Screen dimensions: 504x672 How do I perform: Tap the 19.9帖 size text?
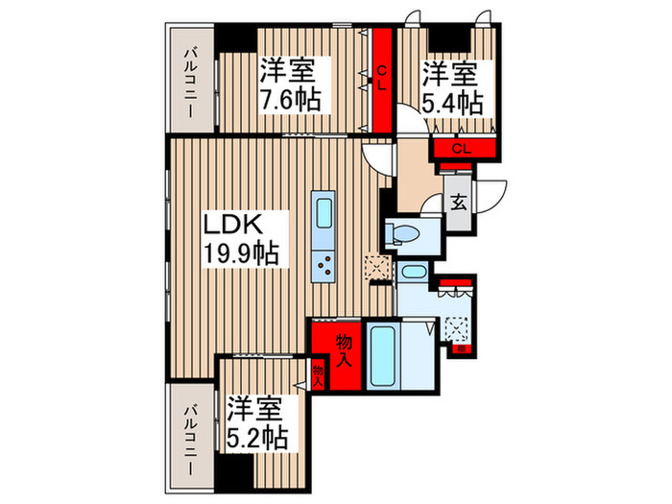(x=240, y=254)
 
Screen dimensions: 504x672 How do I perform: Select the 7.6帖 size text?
(x=289, y=98)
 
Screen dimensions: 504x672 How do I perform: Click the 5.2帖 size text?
(x=256, y=439)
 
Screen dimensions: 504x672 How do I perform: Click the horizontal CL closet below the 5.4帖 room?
(x=462, y=149)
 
